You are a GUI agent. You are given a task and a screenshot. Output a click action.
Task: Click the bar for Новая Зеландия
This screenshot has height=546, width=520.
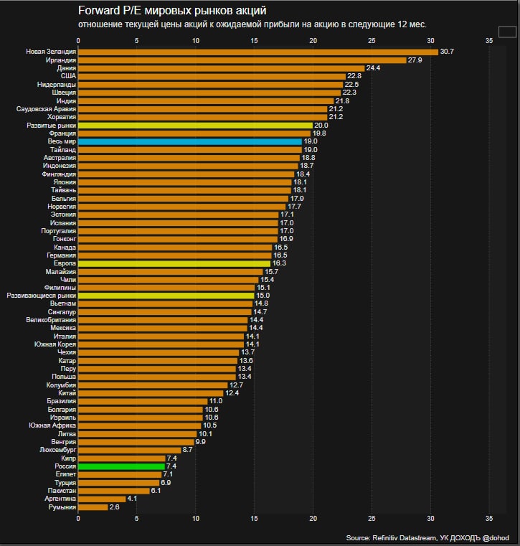point(257,52)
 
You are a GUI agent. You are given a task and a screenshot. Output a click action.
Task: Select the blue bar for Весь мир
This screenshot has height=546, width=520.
point(189,141)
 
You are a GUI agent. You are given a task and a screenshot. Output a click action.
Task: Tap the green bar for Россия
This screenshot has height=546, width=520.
point(121,466)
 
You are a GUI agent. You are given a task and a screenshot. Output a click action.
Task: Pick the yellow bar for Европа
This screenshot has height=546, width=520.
point(174,263)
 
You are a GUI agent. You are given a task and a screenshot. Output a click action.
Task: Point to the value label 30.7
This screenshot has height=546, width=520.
point(448,52)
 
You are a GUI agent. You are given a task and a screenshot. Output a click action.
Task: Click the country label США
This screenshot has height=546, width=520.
point(68,76)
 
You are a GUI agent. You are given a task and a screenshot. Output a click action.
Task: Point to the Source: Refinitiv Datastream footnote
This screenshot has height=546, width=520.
point(427,537)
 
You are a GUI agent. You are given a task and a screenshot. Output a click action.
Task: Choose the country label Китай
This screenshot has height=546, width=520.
point(67,393)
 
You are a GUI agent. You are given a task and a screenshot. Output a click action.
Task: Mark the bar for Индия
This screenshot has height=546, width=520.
point(206,100)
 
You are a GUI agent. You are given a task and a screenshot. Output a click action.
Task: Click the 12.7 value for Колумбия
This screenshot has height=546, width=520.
point(237,385)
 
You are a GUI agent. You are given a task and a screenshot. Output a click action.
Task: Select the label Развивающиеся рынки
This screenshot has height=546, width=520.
point(41,296)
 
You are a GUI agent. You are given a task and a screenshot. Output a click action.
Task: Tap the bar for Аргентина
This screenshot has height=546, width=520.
point(102,499)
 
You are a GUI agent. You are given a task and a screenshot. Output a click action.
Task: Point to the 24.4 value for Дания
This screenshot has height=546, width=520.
point(374,68)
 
